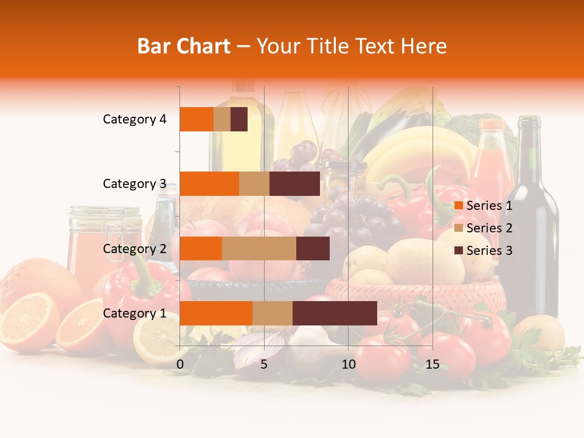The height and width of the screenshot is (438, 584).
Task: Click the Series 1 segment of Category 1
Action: (x=216, y=313)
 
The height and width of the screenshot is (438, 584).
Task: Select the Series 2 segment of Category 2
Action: (x=259, y=248)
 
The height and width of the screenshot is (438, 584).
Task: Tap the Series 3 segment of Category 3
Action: (x=294, y=184)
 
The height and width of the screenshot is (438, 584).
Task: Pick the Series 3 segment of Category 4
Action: (x=239, y=119)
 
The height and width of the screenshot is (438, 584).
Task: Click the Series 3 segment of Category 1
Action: (x=335, y=313)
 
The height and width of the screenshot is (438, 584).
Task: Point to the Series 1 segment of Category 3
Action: (x=209, y=184)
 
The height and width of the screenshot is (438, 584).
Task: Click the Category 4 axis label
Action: (x=134, y=119)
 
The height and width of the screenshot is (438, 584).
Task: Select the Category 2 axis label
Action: (x=134, y=248)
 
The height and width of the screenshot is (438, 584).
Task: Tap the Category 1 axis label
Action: (x=134, y=313)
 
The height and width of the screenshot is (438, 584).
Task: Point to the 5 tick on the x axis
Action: (x=264, y=364)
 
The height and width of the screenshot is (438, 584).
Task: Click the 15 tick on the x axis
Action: (x=432, y=364)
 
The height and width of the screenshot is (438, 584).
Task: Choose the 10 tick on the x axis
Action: (x=348, y=364)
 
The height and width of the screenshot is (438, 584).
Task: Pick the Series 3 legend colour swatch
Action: (x=459, y=251)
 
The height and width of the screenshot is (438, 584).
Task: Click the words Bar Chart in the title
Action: (x=184, y=46)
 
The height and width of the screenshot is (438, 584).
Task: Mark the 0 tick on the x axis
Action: (x=180, y=364)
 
